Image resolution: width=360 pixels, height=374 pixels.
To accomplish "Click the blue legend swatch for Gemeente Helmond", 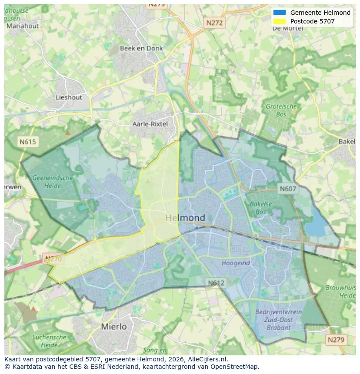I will (280, 13).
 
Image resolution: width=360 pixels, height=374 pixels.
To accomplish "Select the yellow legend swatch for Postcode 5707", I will (280, 21).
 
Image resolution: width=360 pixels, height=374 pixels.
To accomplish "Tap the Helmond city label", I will (185, 218).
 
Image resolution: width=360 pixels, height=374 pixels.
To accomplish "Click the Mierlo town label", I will (114, 326).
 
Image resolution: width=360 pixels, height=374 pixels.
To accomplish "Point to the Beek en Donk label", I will (141, 48).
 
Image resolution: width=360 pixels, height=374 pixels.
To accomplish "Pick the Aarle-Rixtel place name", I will (150, 124).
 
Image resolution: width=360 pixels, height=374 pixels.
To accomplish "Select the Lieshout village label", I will (69, 97).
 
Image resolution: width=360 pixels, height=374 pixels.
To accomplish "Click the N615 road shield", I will (28, 142).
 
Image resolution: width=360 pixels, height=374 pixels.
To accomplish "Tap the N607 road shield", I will (287, 189).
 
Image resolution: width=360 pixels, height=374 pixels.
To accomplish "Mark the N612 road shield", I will (216, 283).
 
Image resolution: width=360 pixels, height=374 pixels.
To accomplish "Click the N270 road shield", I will (53, 259).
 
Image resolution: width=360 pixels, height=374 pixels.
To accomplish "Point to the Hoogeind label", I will (236, 263).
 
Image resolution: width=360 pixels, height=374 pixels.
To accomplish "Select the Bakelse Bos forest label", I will (258, 208).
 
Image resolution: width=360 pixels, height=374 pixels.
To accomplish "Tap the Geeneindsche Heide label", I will (53, 182).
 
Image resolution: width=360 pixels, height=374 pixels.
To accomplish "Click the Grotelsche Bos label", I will (281, 110).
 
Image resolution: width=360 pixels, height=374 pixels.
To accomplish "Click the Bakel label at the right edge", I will (347, 142).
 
